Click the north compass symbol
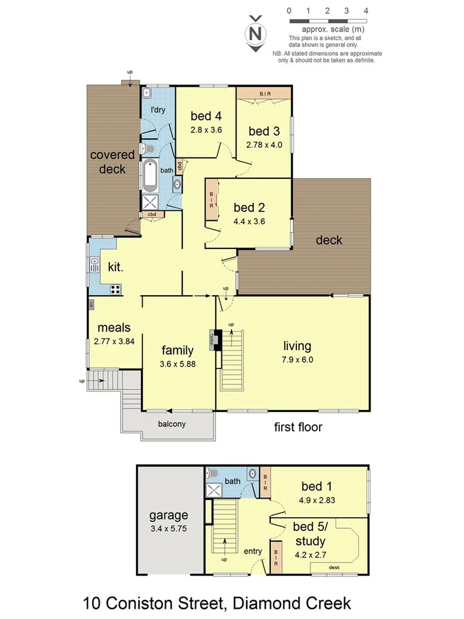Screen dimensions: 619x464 [256, 32]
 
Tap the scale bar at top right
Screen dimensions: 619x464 [328, 21]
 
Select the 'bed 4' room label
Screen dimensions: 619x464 [206, 116]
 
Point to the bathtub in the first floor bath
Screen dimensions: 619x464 [150, 175]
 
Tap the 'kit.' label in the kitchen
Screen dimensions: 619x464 [115, 266]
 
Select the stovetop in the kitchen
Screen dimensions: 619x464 [115, 290]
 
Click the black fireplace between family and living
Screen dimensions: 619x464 [217, 340]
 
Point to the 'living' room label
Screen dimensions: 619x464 [297, 345]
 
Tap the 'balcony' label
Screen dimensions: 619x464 [171, 424]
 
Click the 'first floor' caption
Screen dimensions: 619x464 [298, 427]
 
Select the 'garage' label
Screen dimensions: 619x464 [168, 515]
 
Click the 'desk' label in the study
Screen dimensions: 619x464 [335, 567]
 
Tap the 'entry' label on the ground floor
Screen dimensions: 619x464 [253, 551]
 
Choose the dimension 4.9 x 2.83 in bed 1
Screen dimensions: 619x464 [317, 500]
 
